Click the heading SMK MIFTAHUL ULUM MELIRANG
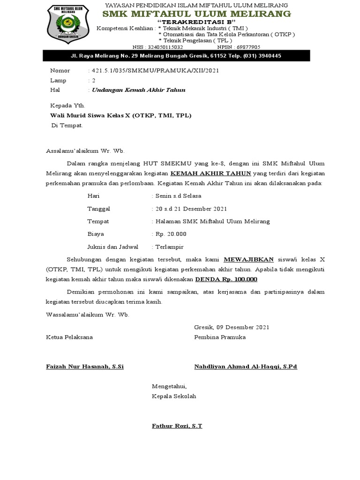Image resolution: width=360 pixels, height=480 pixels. (x=196, y=14)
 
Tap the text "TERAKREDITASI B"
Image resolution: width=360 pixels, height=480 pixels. (x=196, y=22)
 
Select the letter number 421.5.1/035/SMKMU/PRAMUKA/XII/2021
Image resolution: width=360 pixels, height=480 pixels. (x=155, y=70)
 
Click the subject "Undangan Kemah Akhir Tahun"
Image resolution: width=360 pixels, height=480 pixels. (x=139, y=90)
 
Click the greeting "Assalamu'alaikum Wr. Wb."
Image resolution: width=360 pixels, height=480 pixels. (x=86, y=151)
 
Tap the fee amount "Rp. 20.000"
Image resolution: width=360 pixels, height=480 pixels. (x=171, y=233)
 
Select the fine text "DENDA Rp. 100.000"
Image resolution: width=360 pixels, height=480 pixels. (x=226, y=279)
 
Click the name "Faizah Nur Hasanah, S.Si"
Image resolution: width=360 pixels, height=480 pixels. (x=85, y=366)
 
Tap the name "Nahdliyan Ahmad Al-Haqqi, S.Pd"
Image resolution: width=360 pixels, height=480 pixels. (x=246, y=366)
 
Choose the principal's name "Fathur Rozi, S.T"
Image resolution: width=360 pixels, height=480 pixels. (x=177, y=426)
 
